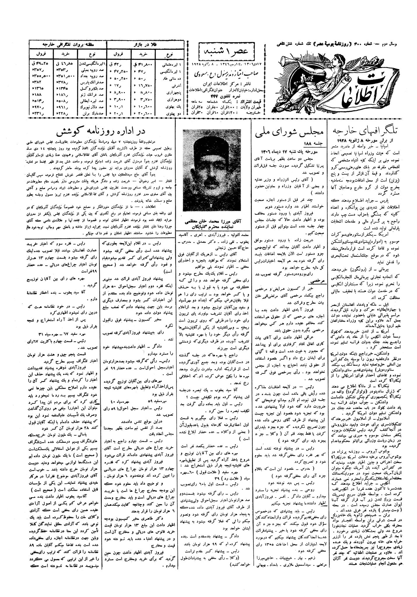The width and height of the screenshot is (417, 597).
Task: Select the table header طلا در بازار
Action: pyautogui.click(x=146, y=44)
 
